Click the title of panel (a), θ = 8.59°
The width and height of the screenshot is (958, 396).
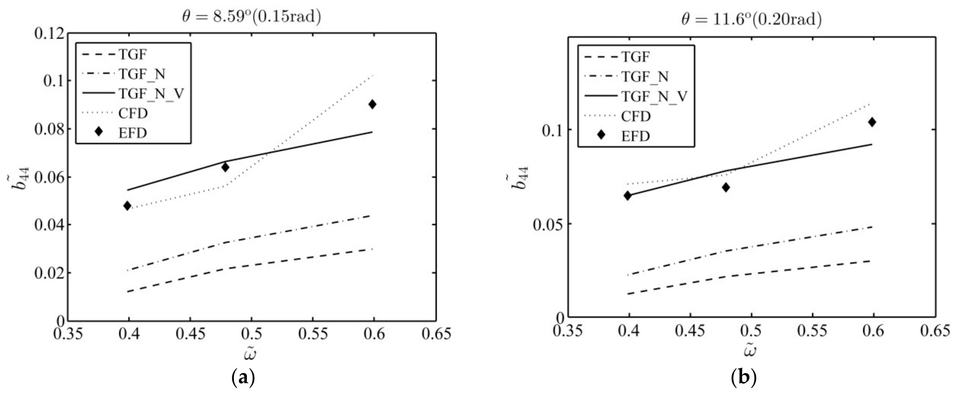[251, 17]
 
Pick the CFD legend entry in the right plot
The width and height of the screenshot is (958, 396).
[636, 117]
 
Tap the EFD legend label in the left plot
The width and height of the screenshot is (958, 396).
[133, 133]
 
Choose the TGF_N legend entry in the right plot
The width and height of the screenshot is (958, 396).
[645, 77]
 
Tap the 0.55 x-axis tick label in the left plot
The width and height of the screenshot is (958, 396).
[313, 334]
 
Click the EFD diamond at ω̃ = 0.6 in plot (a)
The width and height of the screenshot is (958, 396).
[372, 104]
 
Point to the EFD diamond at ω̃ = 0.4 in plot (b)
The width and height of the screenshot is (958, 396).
[628, 195]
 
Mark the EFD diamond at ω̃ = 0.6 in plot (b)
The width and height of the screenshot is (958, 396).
[872, 122]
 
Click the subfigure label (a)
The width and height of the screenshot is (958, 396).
[244, 378]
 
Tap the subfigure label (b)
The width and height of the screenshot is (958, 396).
[744, 378]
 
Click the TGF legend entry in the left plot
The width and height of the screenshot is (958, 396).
[133, 55]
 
